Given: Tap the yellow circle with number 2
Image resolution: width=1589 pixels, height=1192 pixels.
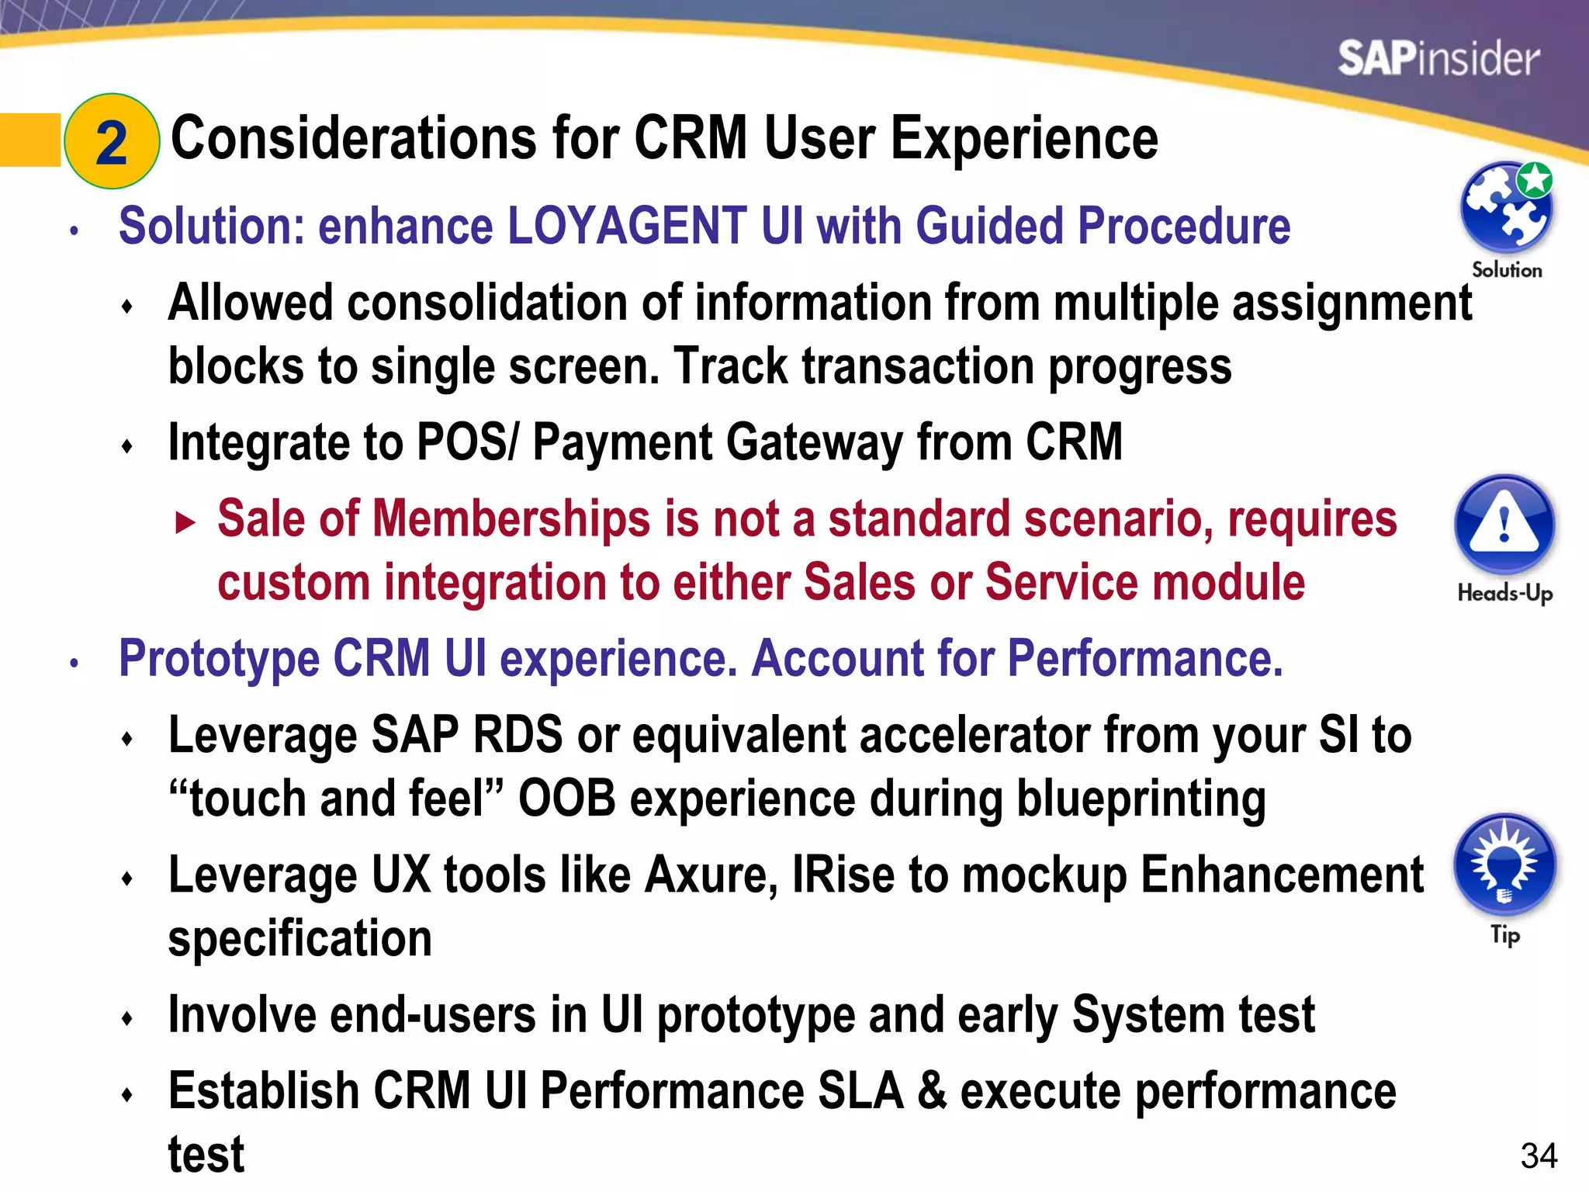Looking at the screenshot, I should [x=112, y=142].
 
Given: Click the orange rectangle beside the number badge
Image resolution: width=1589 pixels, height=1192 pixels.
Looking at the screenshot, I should [x=29, y=140].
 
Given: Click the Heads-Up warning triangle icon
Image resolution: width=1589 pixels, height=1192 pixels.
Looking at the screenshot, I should [x=1504, y=525].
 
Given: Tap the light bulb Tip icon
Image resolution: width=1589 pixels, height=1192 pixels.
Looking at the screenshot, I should [x=1504, y=865].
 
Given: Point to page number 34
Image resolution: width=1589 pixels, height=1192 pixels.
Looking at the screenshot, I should [x=1539, y=1156].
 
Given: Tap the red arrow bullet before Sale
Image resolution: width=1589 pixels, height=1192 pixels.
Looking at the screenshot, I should [x=185, y=522].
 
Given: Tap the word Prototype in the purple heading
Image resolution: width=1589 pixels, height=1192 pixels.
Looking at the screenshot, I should [x=219, y=660].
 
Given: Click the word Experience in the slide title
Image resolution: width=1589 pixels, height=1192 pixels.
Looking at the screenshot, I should [x=1024, y=140].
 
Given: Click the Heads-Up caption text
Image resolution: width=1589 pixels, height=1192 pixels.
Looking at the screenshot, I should [x=1504, y=594].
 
